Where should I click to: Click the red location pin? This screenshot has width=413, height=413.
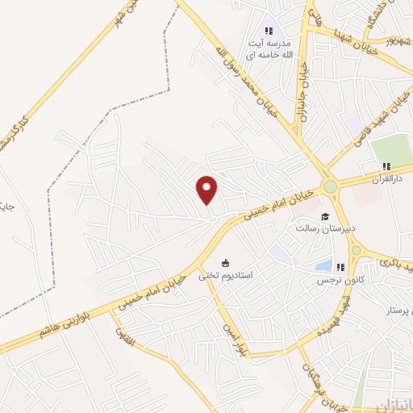pyautogui.click(x=208, y=190)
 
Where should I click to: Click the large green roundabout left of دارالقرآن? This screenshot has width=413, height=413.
pyautogui.click(x=329, y=188)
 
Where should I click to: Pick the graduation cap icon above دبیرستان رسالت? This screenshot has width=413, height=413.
pyautogui.click(x=324, y=216)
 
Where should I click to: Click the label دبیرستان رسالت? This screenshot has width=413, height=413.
pyautogui.click(x=322, y=229)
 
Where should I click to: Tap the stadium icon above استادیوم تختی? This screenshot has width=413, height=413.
pyautogui.click(x=227, y=262)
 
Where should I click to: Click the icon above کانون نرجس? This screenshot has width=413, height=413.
pyautogui.click(x=340, y=266)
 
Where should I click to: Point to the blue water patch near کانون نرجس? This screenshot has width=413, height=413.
pyautogui.click(x=323, y=265)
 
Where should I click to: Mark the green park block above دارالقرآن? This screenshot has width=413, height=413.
pyautogui.click(x=391, y=150)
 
